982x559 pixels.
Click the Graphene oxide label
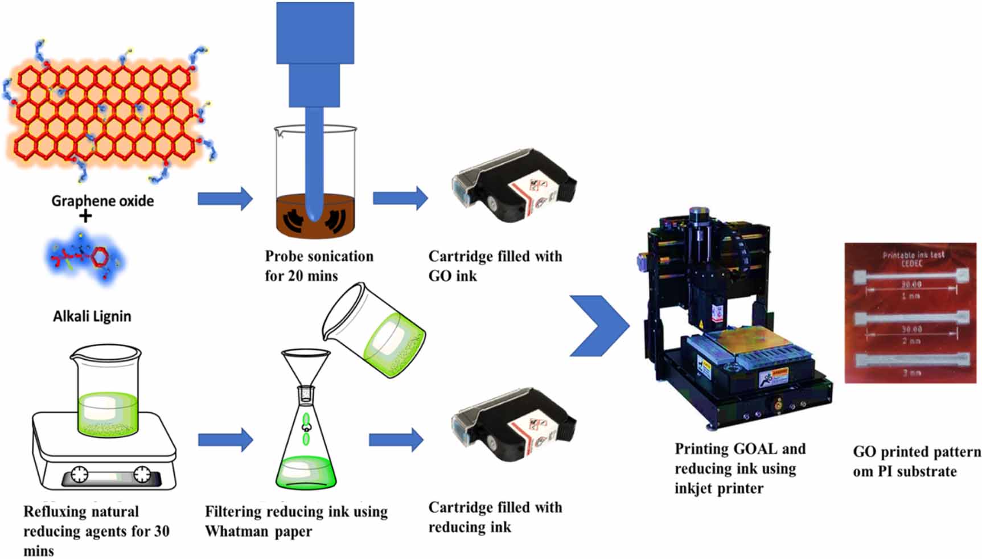click(x=102, y=201)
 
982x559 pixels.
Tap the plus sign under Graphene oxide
click(x=85, y=216)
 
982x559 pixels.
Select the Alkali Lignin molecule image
click(x=85, y=256)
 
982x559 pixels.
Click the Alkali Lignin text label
click(x=92, y=317)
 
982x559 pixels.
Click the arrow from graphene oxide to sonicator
click(x=225, y=199)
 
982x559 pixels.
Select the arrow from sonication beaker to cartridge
click(x=400, y=198)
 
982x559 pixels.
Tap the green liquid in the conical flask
click(x=306, y=472)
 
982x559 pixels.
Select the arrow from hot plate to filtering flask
click(x=225, y=440)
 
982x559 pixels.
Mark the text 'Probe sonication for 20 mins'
click(x=319, y=266)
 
